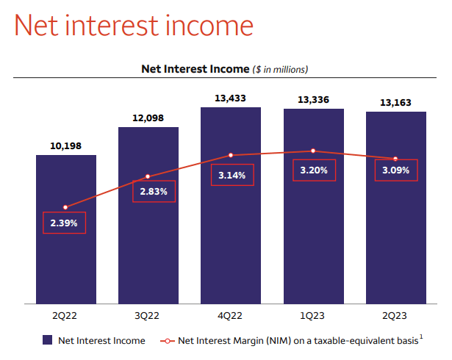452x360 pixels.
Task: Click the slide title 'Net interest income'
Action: pos(134,26)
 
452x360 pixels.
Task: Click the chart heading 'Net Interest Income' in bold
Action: pos(195,69)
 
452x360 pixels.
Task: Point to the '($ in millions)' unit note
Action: pos(280,69)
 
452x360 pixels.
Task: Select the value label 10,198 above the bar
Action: pos(66,145)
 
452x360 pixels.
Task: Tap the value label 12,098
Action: pos(148,118)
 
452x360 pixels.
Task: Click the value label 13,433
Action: pos(231,98)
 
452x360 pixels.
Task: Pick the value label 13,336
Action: pos(313,100)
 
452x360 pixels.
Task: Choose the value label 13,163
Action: pos(395,102)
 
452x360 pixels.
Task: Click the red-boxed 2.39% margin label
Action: pos(65,222)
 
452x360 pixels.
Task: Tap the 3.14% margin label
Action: pos(232,175)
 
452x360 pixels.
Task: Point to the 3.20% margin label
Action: pos(314,170)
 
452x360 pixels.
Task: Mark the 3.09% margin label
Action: pos(396,170)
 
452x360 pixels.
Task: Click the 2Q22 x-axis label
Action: pos(66,316)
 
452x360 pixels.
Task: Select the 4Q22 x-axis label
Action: pos(231,316)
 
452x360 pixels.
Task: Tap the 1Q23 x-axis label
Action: pos(313,316)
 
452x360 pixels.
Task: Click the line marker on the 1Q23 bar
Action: pos(313,151)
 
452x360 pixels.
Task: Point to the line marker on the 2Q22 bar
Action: pos(66,207)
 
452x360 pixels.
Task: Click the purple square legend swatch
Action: pos(47,340)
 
